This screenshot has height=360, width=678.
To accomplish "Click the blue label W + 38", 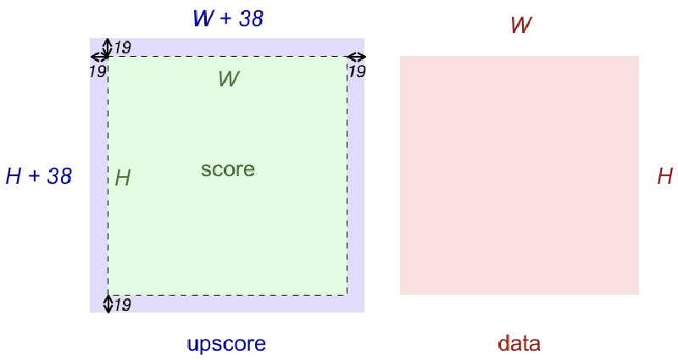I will pyautogui.click(x=228, y=19).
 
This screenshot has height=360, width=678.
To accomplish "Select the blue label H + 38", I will pyautogui.click(x=38, y=176).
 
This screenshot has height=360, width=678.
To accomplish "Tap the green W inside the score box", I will pyautogui.click(x=228, y=79).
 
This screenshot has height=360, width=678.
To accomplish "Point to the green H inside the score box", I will pyautogui.click(x=123, y=178).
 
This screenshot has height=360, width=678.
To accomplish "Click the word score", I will pyautogui.click(x=228, y=169).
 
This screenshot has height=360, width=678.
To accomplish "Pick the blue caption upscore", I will pyautogui.click(x=226, y=344).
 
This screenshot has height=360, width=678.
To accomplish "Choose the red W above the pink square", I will pyautogui.click(x=520, y=25).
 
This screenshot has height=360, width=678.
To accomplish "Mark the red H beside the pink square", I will pyautogui.click(x=665, y=176).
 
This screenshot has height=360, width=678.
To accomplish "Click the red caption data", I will pyautogui.click(x=519, y=344).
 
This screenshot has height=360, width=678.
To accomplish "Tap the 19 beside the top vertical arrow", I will pyautogui.click(x=122, y=47).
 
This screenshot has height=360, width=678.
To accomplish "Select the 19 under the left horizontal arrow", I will pyautogui.click(x=97, y=72).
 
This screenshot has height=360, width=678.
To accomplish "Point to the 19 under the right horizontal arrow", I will pyautogui.click(x=357, y=72).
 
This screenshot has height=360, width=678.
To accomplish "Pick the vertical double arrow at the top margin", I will pyautogui.click(x=108, y=47).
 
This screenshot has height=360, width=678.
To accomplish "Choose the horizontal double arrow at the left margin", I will pyautogui.click(x=99, y=58).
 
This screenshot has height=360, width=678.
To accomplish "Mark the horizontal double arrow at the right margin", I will pyautogui.click(x=356, y=58).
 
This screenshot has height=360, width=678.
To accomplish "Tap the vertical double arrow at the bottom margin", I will pyautogui.click(x=108, y=303).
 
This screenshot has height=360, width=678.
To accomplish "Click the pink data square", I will pyautogui.click(x=519, y=175).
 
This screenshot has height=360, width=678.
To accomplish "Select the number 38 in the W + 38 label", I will pyautogui.click(x=250, y=19).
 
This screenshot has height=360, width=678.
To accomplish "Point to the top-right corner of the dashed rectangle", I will pyautogui.click(x=347, y=57).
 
